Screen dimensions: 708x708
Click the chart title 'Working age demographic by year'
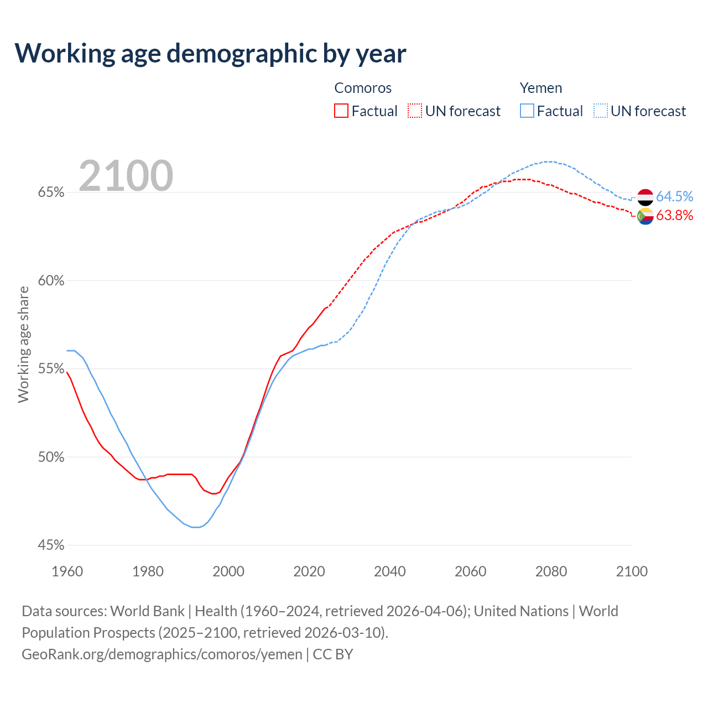point(210,53)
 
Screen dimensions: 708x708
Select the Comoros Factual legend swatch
point(341,111)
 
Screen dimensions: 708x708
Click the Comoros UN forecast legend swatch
point(415,111)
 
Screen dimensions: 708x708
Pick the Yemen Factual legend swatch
point(527,111)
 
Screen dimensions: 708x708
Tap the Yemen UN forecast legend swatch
point(601,111)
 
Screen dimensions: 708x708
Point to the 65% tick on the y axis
point(51,192)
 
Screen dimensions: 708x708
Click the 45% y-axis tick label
point(51,545)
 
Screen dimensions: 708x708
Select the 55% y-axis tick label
point(51,369)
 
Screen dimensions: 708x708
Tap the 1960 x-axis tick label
point(67,571)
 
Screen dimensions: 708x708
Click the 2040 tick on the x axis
point(390,571)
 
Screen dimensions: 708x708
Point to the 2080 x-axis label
point(551,571)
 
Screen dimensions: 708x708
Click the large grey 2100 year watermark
point(126,176)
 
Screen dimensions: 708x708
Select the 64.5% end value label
point(674,197)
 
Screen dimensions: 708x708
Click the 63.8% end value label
point(674,216)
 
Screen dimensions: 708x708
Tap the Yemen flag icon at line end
point(645,197)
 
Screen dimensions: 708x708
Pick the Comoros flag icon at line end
point(645,217)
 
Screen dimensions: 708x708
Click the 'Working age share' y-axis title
point(23,344)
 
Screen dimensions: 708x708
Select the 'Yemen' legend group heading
point(540,88)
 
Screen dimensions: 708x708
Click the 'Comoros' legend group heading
point(363,88)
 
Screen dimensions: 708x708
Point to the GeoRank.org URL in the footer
point(162,654)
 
